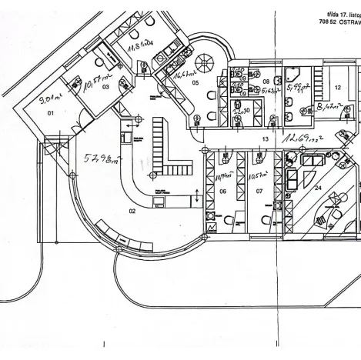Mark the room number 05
(x=195, y=82)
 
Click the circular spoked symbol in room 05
(x=207, y=65)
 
